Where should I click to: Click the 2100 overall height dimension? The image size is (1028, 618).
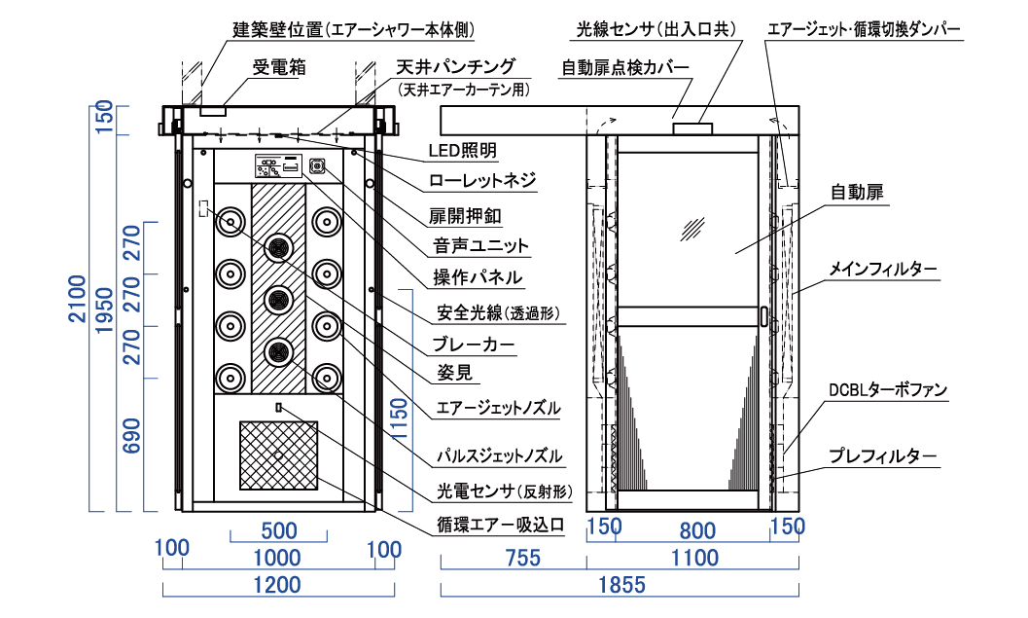click(x=105, y=302)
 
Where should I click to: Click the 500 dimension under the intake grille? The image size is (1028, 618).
click(x=278, y=531)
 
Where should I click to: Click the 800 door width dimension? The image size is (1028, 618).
click(x=697, y=531)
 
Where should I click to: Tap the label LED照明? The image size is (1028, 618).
click(x=463, y=151)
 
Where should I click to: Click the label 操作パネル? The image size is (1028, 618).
click(x=477, y=277)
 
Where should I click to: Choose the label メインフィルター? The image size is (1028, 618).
click(x=883, y=270)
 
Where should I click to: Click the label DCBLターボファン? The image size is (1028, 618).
click(x=887, y=390)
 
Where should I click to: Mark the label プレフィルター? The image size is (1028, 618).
click(x=882, y=455)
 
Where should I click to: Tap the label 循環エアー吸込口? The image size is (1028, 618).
click(x=500, y=526)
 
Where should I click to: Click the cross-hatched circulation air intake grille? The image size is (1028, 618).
click(x=279, y=454)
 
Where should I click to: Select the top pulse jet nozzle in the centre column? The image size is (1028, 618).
click(x=279, y=248)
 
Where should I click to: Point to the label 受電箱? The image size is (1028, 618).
click(x=273, y=67)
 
